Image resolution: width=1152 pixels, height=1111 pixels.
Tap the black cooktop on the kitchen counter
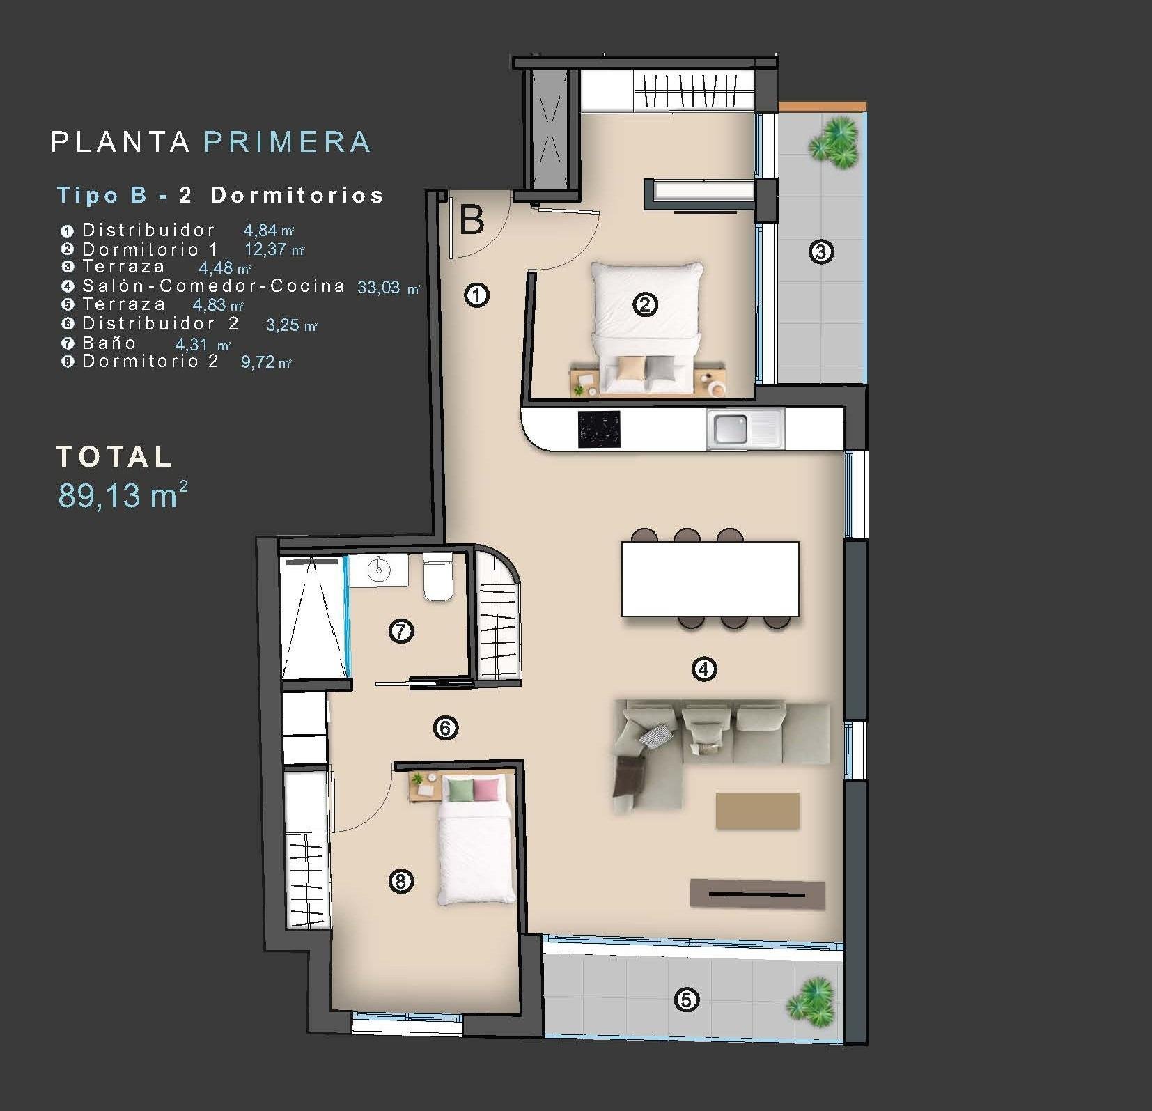point(598,429)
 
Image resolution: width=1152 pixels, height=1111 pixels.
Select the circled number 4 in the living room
point(703,669)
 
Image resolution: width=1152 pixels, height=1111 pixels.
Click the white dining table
point(710,578)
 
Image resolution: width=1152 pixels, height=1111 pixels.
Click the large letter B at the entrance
point(472,221)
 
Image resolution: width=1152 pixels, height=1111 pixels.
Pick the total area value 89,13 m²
point(123,495)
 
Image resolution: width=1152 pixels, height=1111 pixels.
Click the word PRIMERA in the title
point(287,141)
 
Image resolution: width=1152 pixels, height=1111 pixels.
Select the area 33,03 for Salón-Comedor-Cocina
point(379,288)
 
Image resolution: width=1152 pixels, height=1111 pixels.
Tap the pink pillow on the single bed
point(486,789)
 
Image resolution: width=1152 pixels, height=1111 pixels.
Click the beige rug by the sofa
point(757,810)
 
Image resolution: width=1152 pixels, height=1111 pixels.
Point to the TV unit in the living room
point(757,894)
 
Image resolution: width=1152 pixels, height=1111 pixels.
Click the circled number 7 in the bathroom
point(400,631)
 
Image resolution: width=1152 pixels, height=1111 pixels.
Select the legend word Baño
point(109,343)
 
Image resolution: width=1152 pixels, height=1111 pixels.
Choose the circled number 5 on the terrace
point(685,1000)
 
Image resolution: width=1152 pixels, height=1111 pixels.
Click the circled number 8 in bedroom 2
point(400,881)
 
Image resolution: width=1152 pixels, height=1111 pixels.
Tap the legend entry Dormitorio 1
point(150,249)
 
